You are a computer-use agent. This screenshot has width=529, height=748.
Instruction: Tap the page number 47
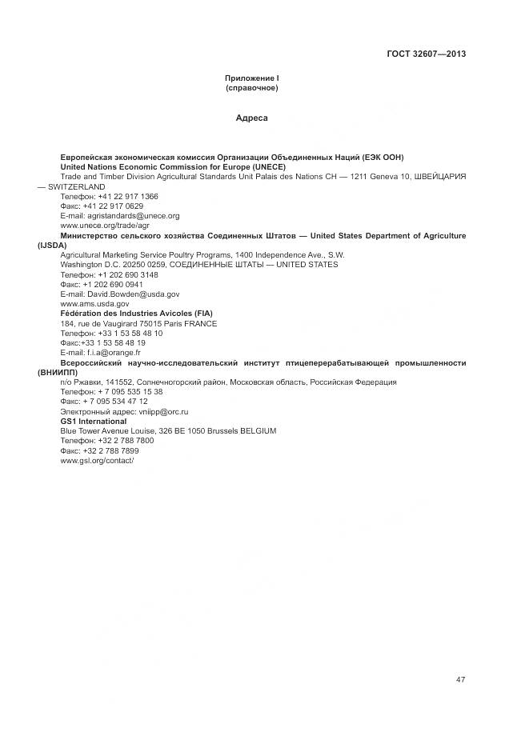[x=460, y=679]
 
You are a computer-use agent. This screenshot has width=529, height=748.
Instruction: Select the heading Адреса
[x=251, y=118]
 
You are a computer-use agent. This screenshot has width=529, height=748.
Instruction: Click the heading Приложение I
[x=251, y=78]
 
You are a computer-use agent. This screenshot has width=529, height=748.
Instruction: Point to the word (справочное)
[x=251, y=87]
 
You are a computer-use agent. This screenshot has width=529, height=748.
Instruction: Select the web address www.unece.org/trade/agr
[x=105, y=226]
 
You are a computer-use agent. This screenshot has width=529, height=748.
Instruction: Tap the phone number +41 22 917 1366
[x=128, y=196]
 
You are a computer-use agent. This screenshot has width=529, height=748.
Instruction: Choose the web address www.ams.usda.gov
[x=94, y=304]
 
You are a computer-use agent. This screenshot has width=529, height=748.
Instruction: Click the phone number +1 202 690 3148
[x=128, y=274]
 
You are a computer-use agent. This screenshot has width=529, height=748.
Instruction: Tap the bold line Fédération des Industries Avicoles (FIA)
[x=136, y=314]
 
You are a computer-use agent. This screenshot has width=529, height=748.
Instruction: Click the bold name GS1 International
[x=93, y=421]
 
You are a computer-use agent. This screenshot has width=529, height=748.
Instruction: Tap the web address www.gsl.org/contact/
[x=98, y=460]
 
